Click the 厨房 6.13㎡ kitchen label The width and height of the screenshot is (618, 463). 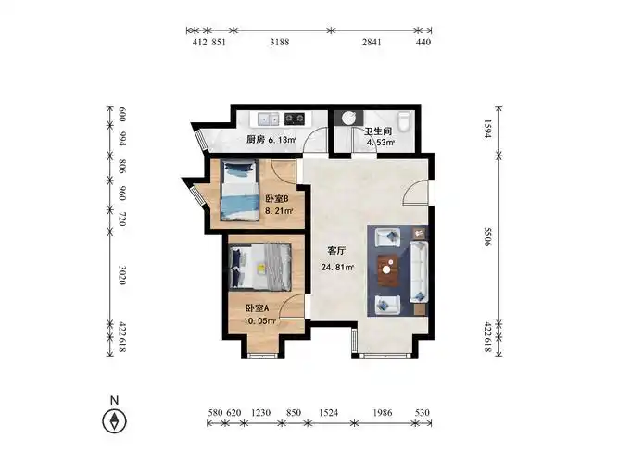(x=271, y=140)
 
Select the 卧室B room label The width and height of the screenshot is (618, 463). (x=277, y=199)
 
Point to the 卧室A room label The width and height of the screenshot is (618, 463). (x=257, y=308)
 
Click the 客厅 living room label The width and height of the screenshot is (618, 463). (x=336, y=251)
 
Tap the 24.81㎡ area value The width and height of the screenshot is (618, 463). (x=337, y=269)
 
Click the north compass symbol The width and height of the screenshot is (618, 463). (x=114, y=421)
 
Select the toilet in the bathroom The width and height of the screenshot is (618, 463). (x=404, y=121)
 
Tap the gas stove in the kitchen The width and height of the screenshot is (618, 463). (x=296, y=119)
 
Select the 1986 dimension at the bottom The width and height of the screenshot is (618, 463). (x=383, y=412)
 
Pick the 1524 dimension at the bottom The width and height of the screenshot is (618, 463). (x=329, y=412)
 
